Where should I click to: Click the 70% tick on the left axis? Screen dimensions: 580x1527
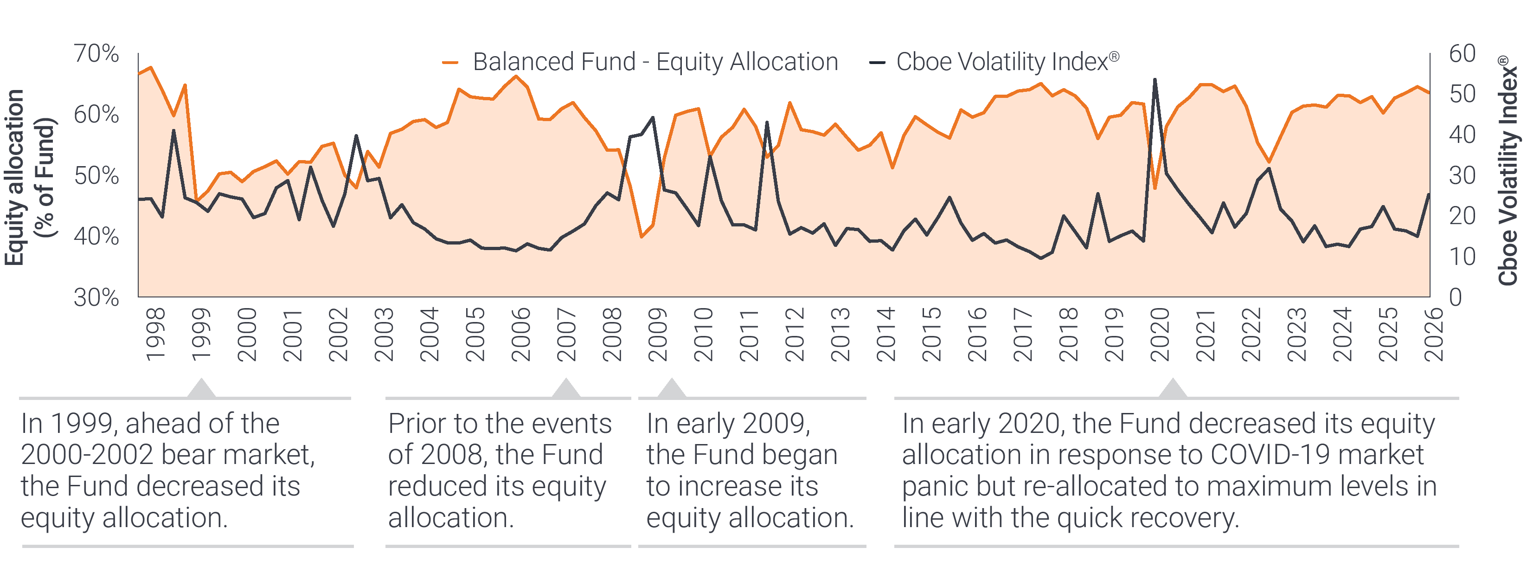[96, 54]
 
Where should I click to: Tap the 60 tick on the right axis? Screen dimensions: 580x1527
[1462, 54]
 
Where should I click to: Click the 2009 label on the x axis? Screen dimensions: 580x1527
[657, 335]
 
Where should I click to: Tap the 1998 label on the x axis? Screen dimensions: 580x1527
[155, 335]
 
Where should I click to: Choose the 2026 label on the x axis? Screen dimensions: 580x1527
[1433, 335]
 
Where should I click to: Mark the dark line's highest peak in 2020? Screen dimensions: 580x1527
[1155, 79]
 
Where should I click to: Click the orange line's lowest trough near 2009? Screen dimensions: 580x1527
[641, 237]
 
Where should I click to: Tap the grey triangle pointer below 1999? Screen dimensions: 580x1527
[201, 388]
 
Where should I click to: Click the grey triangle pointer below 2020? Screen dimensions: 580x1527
[1172, 388]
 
